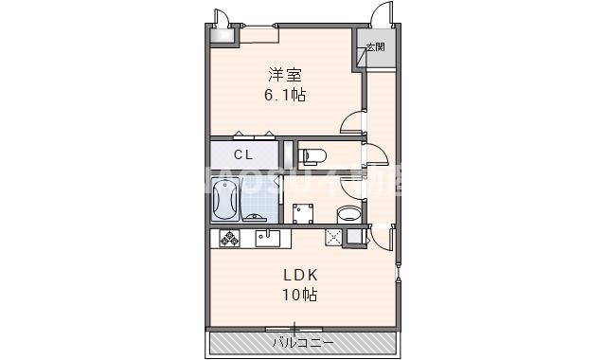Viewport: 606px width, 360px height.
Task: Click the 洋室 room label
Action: [x=284, y=75]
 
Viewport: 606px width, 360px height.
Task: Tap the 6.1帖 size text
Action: [x=284, y=95]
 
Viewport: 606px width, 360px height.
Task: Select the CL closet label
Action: [x=243, y=153]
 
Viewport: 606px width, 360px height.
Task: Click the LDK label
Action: [x=300, y=276]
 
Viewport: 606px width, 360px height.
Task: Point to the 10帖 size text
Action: [x=299, y=295]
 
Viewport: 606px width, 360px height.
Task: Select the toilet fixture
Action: [x=310, y=153]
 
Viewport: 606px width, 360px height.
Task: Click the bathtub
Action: [x=225, y=200]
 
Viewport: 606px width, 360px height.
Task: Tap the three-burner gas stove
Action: [x=229, y=238]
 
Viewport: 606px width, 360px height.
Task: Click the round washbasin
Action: [x=349, y=212]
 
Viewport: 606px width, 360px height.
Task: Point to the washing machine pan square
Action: [x=304, y=212]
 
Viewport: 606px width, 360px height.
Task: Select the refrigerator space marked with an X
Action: [x=333, y=238]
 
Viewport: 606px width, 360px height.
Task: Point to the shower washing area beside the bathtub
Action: [x=257, y=200]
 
